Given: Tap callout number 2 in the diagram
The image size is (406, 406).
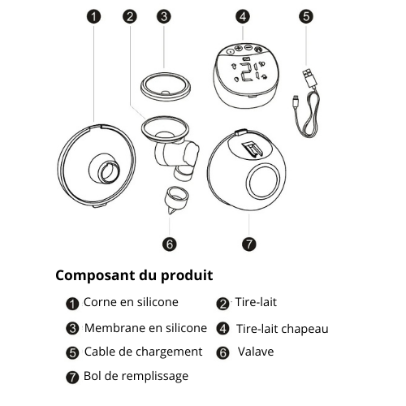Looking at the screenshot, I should coord(129,16).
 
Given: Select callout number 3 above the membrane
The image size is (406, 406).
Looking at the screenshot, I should coord(164,16).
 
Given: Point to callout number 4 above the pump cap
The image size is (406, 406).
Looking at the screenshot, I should coord(244,16).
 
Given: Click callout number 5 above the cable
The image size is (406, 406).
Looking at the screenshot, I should coord(305,16).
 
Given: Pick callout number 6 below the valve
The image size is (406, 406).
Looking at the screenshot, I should coord(169,243).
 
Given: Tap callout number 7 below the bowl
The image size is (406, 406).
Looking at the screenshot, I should coord(248,243).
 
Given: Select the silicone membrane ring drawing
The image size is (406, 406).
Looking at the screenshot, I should coord(164,84).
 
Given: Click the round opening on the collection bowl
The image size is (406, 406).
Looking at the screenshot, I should coord(266,180).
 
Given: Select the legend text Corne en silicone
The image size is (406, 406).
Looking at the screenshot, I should coord(130,303).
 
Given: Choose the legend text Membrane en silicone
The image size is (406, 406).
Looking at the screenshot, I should coord(145,328).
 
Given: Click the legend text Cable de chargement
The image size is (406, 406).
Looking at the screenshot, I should coord(143,352).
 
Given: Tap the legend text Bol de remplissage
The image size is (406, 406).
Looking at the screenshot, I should coord(136,376).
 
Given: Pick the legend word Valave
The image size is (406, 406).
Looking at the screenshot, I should coord(256,352).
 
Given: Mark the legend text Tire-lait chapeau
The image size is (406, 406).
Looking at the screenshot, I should coord(282,329).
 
